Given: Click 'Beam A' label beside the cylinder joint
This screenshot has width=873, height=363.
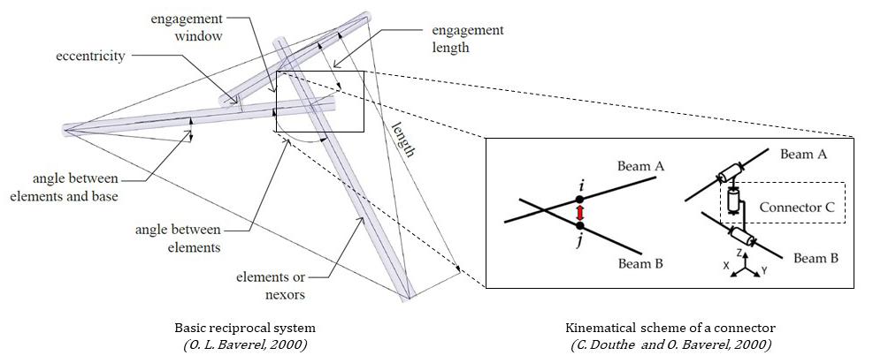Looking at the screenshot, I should coord(804,154).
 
